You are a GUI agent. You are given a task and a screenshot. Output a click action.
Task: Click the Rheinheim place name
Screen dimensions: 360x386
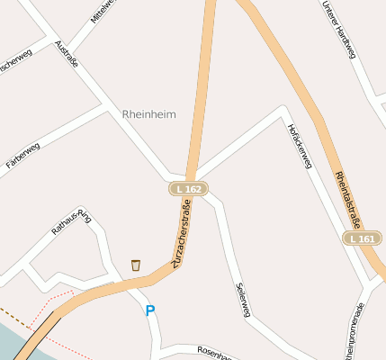click(148, 114)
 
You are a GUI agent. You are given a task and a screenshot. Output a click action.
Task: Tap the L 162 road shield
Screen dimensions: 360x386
click(189, 188)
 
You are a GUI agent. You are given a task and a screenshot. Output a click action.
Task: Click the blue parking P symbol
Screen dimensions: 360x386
click(150, 310)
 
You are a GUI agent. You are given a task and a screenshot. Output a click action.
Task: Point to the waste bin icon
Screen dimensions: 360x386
click(136, 265)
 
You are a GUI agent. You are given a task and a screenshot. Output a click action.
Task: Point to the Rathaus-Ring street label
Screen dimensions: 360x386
click(72, 221)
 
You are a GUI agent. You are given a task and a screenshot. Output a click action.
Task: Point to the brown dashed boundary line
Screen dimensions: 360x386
click(13, 312)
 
